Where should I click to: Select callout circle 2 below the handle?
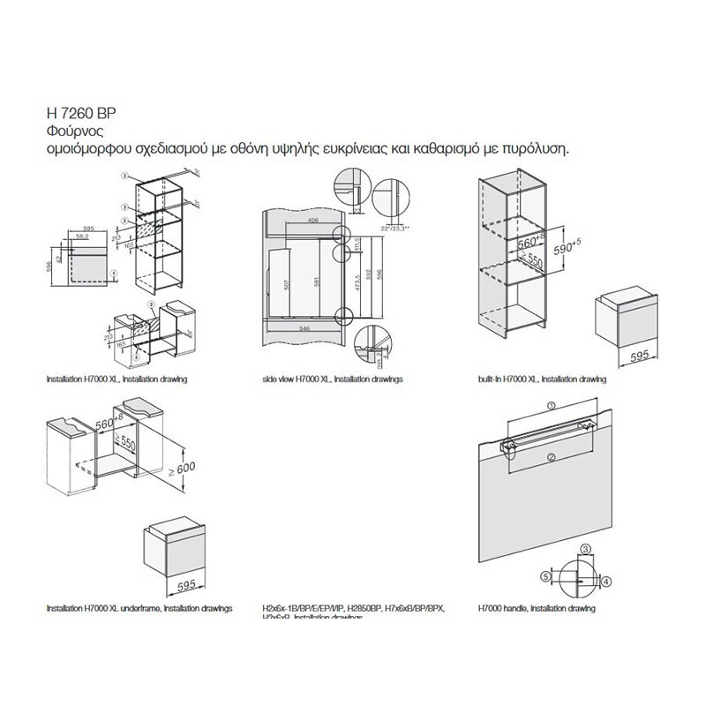point(551,456)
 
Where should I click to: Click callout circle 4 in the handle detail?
point(606,580)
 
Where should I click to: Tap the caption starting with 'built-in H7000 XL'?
point(541,379)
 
